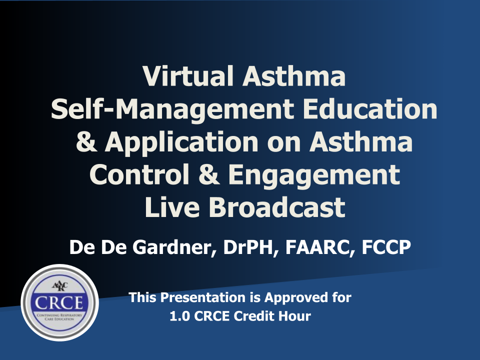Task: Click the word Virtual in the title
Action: [x=188, y=75]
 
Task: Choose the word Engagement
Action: [x=314, y=175]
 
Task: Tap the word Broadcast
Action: [x=277, y=207]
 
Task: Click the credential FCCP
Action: [x=386, y=247]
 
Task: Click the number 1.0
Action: [x=179, y=316]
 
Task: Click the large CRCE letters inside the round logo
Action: [x=59, y=303]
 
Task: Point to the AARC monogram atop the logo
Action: [x=60, y=286]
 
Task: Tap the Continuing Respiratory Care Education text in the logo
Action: [x=59, y=317]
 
